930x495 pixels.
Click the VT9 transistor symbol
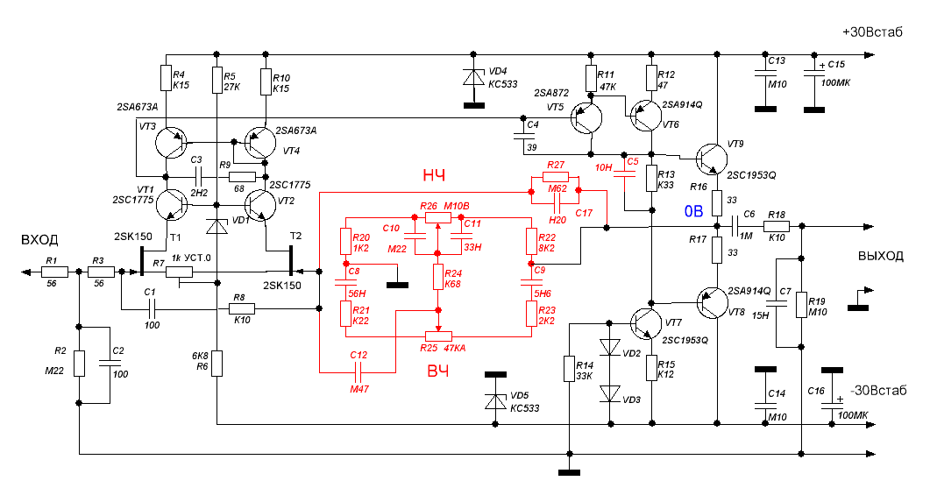tap(712, 159)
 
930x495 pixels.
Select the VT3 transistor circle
tap(172, 143)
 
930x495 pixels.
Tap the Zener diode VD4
tap(474, 78)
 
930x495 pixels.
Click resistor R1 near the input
tap(54, 272)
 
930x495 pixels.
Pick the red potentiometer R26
tap(437, 217)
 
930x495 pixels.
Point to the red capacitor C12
tap(358, 372)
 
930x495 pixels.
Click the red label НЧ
tap(434, 175)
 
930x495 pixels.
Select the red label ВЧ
tap(437, 371)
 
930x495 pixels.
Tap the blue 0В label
tap(694, 211)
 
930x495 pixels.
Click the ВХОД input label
tap(39, 240)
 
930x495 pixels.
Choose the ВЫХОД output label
tap(881, 256)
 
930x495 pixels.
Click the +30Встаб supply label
tap(872, 32)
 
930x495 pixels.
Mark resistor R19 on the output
tap(801, 306)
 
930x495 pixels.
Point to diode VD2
tap(610, 348)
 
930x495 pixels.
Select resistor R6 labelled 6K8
tap(217, 364)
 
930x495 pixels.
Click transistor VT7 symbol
tap(646, 323)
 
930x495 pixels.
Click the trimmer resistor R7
tap(179, 272)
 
